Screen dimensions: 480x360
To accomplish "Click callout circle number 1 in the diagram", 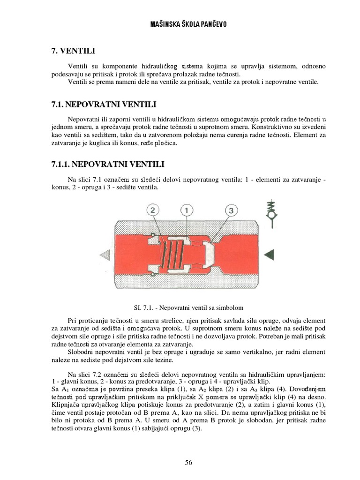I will (186, 211).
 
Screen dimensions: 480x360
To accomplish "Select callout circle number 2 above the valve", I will (154, 211).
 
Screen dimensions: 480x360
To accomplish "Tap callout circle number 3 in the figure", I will (230, 211).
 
